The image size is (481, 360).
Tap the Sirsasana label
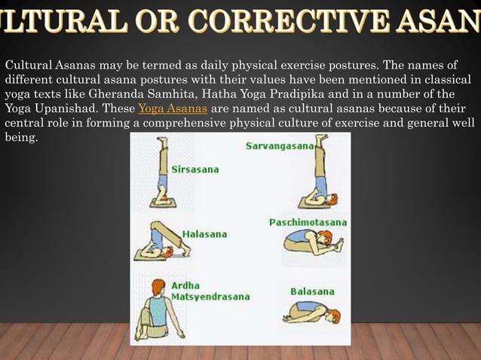(x=195, y=169)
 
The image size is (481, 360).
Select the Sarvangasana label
(x=279, y=146)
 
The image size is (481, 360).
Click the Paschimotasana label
(x=308, y=223)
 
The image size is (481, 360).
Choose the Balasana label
(x=312, y=291)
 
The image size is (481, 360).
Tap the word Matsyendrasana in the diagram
(x=210, y=297)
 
